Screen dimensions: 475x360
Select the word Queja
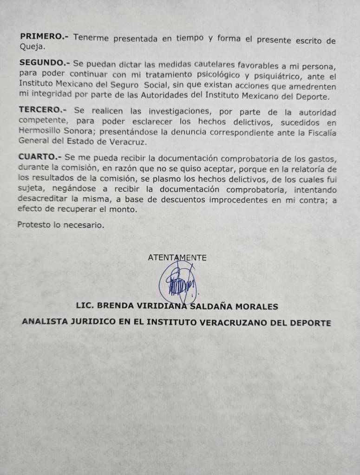(32, 46)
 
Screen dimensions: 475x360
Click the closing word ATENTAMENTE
(177, 258)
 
